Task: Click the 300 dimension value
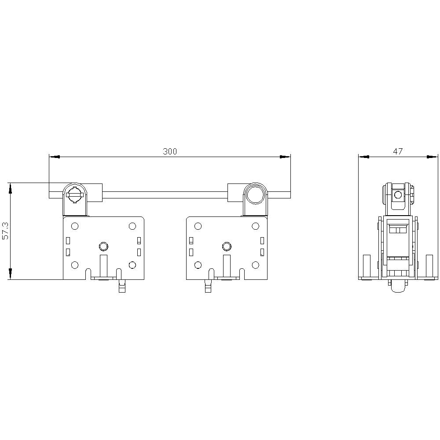pos(170,151)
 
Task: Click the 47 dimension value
pos(398,151)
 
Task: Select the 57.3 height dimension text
pos(5,231)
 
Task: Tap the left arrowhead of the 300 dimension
pos(55,157)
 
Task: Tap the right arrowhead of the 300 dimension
pos(285,157)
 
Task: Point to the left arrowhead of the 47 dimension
pos(364,157)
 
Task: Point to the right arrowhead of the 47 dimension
pos(432,157)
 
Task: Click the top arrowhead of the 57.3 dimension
pos(11,188)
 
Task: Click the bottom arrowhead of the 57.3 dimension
pos(11,274)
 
